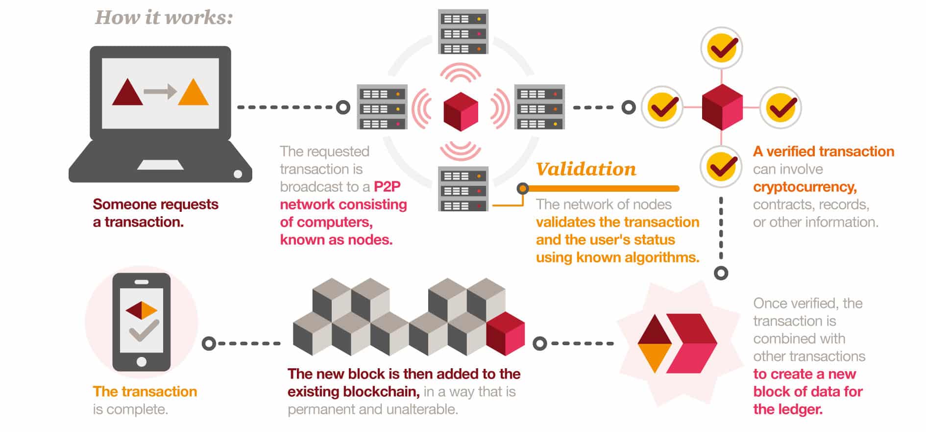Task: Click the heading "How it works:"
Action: tap(164, 18)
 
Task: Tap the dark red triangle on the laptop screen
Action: tap(127, 93)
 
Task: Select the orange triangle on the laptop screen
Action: tap(193, 93)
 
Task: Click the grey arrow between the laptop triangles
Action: tap(160, 91)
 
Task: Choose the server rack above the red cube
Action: tap(463, 32)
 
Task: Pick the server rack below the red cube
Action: tap(463, 189)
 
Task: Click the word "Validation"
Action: tap(586, 169)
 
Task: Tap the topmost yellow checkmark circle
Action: tap(721, 48)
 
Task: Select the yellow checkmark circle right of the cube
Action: tap(780, 107)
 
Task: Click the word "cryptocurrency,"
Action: tap(804, 187)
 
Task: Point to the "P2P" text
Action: tap(387, 187)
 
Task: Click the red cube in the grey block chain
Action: tap(506, 333)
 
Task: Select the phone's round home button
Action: tap(142, 362)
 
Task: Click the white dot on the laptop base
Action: tap(238, 174)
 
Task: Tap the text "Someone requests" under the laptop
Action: tap(155, 204)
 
